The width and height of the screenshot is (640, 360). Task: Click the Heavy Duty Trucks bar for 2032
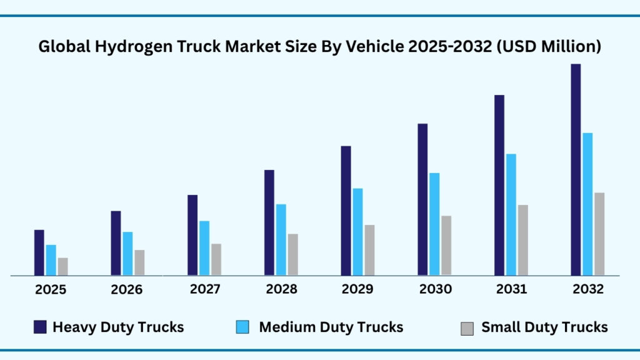576,169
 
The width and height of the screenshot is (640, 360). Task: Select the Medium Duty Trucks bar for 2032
587,204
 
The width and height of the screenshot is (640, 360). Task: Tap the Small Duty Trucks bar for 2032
599,234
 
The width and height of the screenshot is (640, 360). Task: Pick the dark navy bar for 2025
39,252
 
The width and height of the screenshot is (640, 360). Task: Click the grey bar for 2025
63,266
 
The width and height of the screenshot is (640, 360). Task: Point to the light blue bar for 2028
281,239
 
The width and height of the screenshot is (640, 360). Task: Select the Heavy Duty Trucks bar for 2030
422,199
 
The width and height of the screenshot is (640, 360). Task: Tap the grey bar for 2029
369,250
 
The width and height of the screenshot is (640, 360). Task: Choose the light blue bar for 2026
127,253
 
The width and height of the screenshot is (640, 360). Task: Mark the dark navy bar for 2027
192,235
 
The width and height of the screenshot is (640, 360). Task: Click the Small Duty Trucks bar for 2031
522,240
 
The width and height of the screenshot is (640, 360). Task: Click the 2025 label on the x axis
50,290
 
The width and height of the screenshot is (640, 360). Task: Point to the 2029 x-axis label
357,290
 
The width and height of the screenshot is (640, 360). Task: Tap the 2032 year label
588,290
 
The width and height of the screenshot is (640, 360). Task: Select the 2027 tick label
204,290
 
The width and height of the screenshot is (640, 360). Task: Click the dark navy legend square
40,327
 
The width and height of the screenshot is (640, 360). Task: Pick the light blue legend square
242,327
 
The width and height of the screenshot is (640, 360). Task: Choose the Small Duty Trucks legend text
544,327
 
